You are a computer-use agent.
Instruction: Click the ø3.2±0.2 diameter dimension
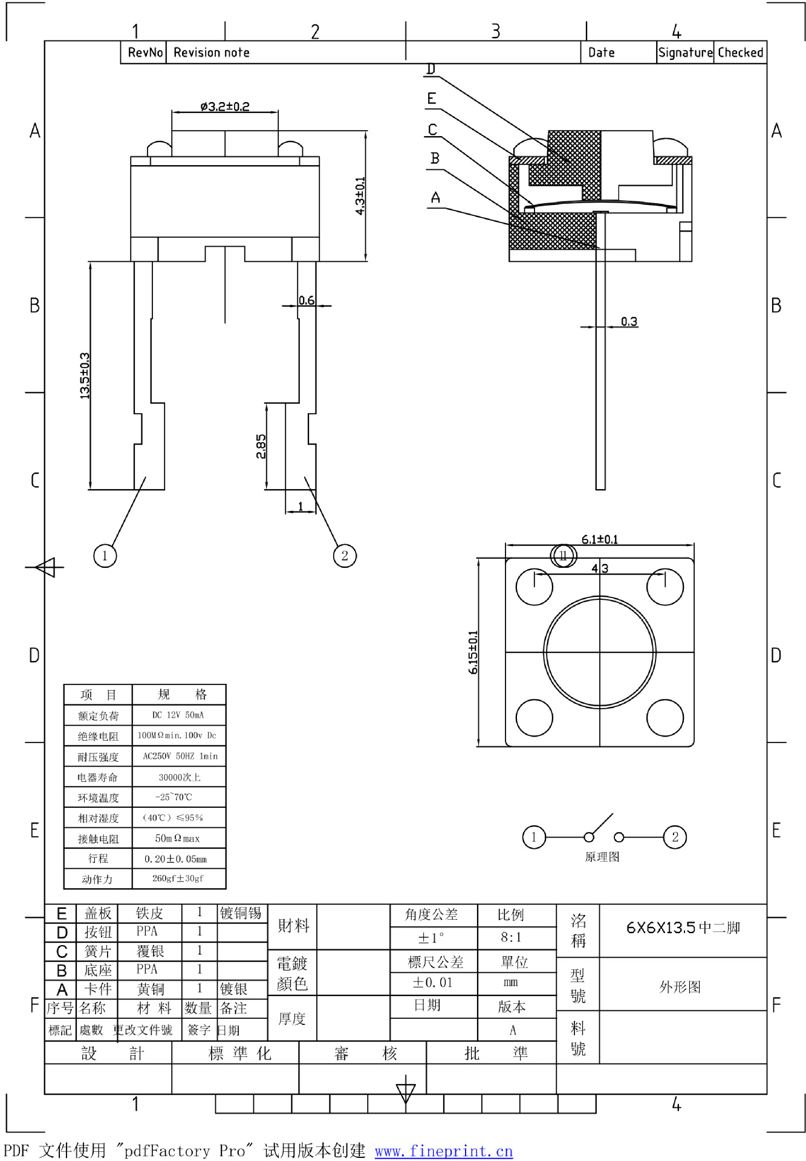pos(225,106)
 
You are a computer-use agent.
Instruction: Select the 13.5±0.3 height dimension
pos(85,376)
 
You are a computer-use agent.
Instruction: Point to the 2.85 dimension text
pos(261,446)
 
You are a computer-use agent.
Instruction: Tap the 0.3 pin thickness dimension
pos(629,321)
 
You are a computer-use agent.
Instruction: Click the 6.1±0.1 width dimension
pos(599,539)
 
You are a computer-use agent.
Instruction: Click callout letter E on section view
pos(432,99)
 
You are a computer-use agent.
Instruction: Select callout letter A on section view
pos(435,198)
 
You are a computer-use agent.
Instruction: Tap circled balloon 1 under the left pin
pos(105,556)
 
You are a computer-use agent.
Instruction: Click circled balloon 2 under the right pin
pos(345,556)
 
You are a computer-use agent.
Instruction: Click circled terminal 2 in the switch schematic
pos(675,837)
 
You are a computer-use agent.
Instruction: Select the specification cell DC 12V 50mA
pos(178,715)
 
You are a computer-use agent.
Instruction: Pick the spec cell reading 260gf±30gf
pos(178,879)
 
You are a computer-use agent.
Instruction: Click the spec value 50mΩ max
pos(178,838)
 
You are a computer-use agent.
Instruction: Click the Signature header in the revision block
pos(685,53)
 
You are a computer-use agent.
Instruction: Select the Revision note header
pos(212,53)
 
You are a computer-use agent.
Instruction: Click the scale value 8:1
pos(511,938)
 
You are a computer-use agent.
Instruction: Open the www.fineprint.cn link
pos(443,1151)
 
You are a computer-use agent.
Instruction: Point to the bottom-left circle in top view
pos(534,718)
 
